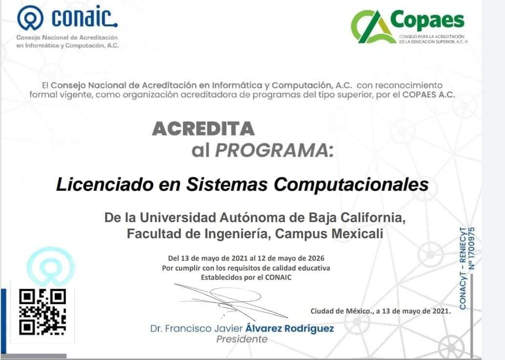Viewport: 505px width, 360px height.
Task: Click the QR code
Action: coord(43,312)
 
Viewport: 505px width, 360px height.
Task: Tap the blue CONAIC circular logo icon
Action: coord(30,18)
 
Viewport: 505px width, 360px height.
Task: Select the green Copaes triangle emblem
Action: coord(373,26)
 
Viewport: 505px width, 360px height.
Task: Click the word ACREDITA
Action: coord(203,129)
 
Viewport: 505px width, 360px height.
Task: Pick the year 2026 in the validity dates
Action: coord(316,258)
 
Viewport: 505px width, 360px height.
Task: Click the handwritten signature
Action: coord(230,301)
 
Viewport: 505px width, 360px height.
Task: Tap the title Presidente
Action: coord(242,339)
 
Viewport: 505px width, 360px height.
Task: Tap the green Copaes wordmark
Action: coord(427,20)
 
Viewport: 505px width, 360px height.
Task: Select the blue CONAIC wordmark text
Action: coord(85,18)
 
